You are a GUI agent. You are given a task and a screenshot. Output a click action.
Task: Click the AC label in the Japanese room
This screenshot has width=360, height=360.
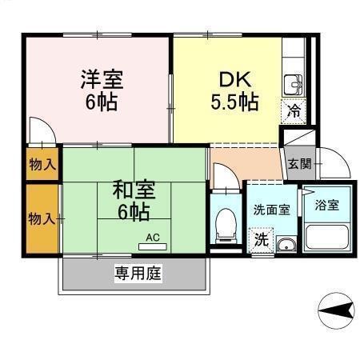click(x=154, y=237)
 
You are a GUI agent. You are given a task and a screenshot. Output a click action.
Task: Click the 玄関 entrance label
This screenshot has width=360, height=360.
click(x=301, y=165)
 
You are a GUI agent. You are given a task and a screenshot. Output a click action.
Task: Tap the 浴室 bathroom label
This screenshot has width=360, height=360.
click(x=326, y=205)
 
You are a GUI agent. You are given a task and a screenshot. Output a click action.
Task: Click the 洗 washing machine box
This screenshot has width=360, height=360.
click(x=261, y=239)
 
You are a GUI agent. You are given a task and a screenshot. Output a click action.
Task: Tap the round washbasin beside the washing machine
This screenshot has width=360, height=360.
click(x=286, y=244)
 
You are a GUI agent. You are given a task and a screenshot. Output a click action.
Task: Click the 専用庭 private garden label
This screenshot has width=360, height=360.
click(x=138, y=273)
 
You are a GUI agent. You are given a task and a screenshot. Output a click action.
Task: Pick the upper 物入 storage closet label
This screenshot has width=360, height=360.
click(x=42, y=166)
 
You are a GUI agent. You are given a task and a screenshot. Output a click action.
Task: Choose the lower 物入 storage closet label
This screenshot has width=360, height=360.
click(x=42, y=218)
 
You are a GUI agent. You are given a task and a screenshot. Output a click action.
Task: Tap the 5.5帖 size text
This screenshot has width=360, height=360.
click(x=234, y=102)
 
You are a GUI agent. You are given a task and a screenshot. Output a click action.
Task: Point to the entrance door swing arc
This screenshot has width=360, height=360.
click(x=334, y=163)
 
